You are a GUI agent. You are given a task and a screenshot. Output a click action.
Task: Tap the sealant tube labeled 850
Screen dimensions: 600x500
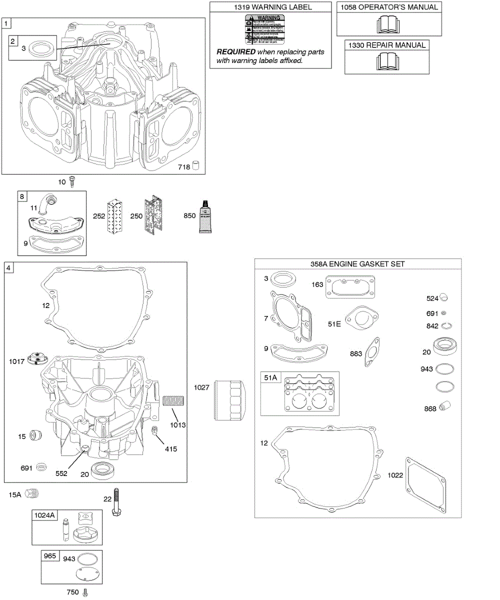point(204,216)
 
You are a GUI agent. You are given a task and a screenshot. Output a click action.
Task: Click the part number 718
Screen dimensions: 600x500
point(183,167)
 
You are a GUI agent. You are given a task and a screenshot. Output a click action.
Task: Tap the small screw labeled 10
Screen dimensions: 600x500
point(73,181)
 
